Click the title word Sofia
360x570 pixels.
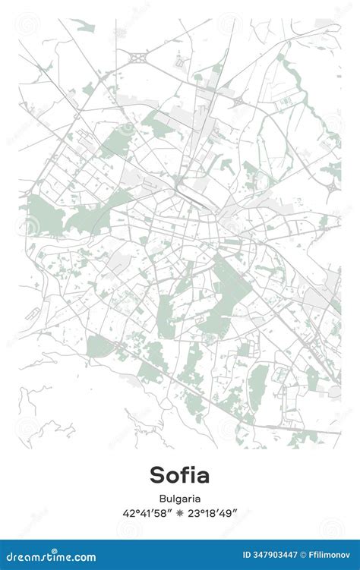179,475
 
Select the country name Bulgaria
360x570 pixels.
180,499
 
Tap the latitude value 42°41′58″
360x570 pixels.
147,513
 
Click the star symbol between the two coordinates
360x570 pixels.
179,513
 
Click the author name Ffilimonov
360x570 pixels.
329,557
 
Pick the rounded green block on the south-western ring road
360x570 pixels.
99,347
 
